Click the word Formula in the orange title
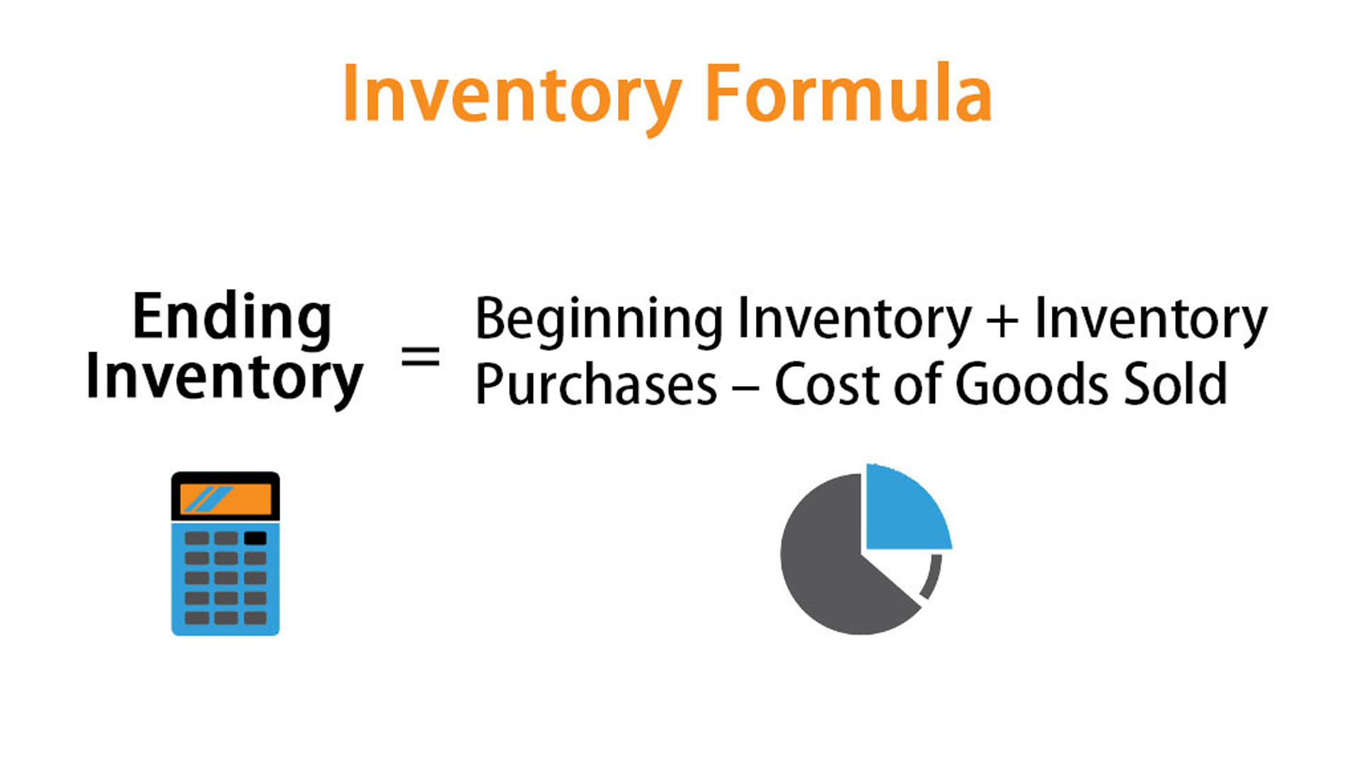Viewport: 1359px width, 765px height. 849,94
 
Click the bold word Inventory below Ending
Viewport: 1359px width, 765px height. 224,380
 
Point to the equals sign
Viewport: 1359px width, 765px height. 420,356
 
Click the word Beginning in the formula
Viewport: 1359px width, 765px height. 600,321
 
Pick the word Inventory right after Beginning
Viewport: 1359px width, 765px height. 854,321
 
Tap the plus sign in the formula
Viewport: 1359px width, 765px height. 1002,319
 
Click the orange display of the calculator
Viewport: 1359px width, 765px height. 226,499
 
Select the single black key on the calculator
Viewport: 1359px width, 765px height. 256,538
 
